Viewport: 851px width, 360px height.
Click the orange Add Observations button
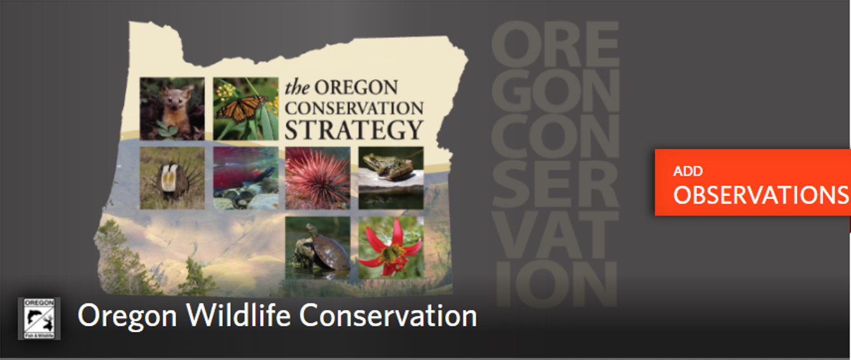point(752,183)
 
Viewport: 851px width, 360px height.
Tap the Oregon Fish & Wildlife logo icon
point(39,318)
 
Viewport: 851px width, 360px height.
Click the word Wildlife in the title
point(239,315)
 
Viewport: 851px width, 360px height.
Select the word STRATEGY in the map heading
point(354,130)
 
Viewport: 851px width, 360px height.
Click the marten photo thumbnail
point(172,109)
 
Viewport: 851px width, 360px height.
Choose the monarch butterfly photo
point(246,109)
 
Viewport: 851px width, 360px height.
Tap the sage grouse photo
point(172,178)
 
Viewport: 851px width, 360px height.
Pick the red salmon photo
point(246,178)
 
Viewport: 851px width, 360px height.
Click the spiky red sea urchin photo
point(317,178)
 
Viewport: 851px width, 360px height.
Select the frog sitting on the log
point(391,178)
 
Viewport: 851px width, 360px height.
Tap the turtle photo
point(317,247)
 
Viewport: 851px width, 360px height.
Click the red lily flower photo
point(391,247)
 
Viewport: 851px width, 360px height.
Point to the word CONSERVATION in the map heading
point(354,109)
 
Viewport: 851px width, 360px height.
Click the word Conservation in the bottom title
point(388,315)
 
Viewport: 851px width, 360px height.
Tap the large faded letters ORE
point(555,44)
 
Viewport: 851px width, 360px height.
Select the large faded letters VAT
point(555,235)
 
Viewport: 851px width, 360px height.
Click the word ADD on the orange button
point(688,171)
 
